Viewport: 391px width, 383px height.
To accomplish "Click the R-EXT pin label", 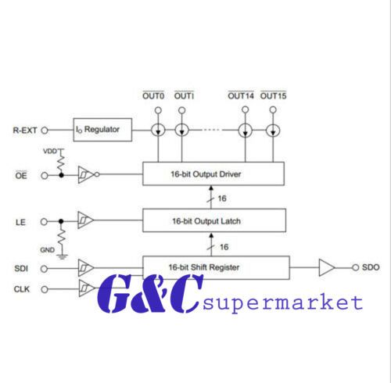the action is coord(25,131).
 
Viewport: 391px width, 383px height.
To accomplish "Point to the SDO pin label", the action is coord(371,267).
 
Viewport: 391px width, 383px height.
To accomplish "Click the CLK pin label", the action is coord(22,289).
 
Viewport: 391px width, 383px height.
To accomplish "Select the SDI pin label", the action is coord(21,269).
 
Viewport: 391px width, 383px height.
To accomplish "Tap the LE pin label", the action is coord(20,222).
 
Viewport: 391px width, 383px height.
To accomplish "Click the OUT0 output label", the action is coord(153,95).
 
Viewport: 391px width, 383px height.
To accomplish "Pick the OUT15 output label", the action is coord(273,95).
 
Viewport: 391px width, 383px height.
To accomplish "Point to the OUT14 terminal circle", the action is coord(245,109).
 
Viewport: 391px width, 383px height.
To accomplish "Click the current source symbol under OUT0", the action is coord(158,130).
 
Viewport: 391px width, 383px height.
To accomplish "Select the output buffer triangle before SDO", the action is coord(327,267).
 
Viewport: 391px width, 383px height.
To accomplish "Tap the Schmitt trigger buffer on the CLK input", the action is coord(86,288).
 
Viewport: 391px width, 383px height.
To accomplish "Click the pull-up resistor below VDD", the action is coord(61,163).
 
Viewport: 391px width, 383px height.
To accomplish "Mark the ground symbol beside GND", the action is coord(62,256).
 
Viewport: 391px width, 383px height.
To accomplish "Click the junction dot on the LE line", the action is coord(61,221).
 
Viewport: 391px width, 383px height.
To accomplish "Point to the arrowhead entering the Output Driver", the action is coord(211,188).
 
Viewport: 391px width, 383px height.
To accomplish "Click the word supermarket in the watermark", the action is coord(282,303).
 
